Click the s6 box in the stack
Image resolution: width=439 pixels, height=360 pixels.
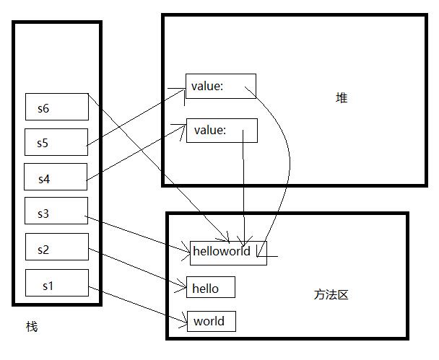57,107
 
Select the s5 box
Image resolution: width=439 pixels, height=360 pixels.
56,142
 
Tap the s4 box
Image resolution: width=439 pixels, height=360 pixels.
56,177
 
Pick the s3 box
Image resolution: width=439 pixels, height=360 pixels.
56,211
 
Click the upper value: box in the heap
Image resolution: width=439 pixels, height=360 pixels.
220,87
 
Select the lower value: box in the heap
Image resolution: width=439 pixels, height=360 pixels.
222,131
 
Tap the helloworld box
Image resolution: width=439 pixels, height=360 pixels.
228,252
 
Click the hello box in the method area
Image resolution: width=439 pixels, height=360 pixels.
211,288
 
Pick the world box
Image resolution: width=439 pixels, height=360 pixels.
211,321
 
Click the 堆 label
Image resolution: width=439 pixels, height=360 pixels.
342,98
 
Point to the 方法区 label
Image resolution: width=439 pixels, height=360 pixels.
331,294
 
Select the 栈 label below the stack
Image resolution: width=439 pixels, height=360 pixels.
32,327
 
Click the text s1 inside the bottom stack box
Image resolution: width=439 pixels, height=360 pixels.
48,286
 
